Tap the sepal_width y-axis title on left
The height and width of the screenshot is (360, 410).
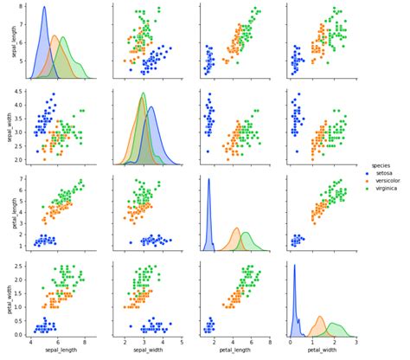coord(7,127)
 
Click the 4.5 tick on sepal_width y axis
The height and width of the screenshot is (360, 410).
coord(21,91)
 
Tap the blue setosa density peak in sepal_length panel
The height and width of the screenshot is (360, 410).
coord(44,8)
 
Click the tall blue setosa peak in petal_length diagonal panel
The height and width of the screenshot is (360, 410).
coord(208,180)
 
